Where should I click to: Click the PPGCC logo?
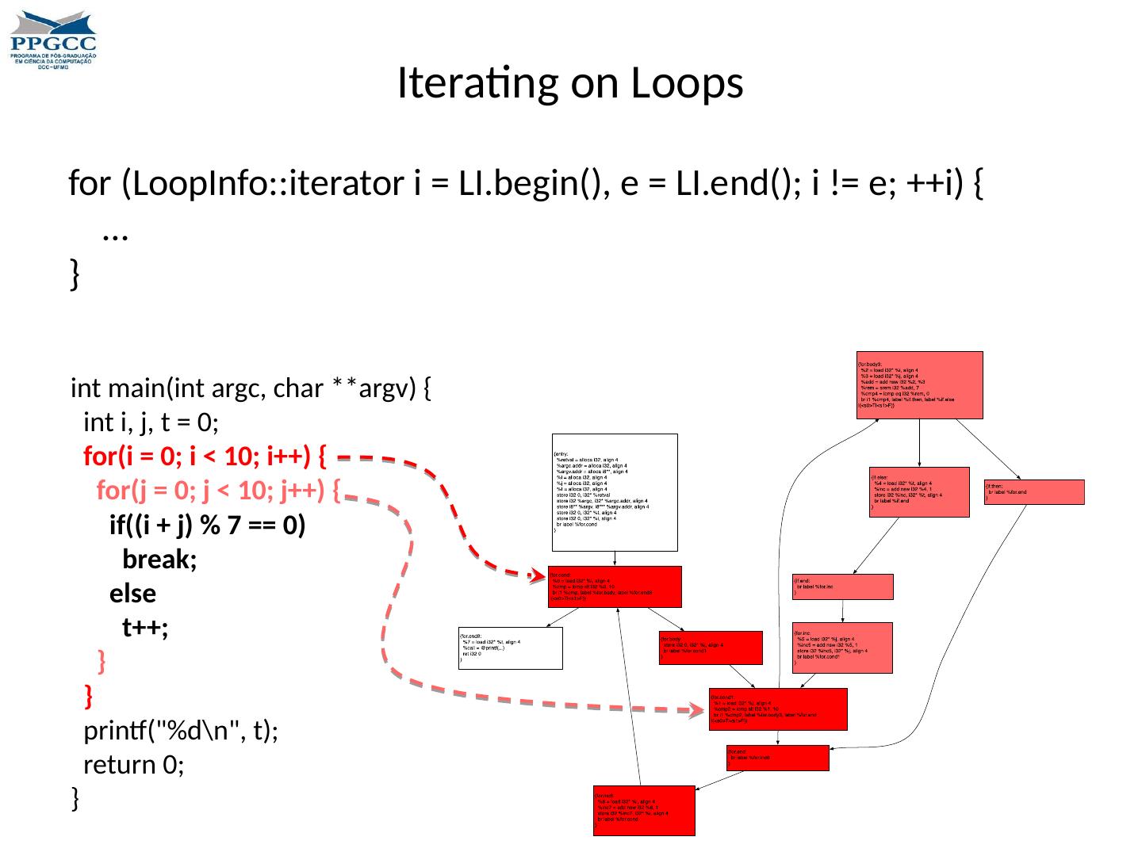click(53, 40)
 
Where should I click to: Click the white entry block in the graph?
click(615, 491)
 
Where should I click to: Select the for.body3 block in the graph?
click(919, 384)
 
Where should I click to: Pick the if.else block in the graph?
click(919, 491)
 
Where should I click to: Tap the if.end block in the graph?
click(842, 587)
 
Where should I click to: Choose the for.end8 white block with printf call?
click(511, 648)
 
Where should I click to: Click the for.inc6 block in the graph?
click(644, 809)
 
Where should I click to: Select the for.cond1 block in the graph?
click(777, 709)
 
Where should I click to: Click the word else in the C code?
click(132, 594)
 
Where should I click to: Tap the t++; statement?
click(145, 628)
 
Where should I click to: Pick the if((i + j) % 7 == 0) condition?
click(207, 525)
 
